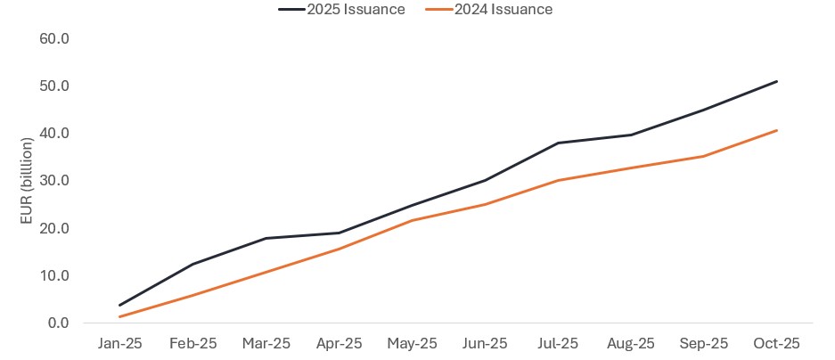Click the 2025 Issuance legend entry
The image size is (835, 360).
coord(342,10)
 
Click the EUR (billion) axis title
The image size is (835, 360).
coord(28,181)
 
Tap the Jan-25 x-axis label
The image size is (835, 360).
coord(119,343)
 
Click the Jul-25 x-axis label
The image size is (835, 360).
coord(558,343)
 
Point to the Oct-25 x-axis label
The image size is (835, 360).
coord(777,343)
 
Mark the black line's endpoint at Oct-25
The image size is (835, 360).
coord(777,81)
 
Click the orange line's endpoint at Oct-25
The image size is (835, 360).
coord(777,130)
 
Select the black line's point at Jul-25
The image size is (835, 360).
coord(558,143)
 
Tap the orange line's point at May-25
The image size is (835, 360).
coord(412,220)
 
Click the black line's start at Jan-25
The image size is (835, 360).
coord(119,305)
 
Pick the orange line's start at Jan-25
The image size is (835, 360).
coord(119,316)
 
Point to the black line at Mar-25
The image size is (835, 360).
coord(266,238)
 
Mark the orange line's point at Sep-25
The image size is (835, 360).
coord(704,156)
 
